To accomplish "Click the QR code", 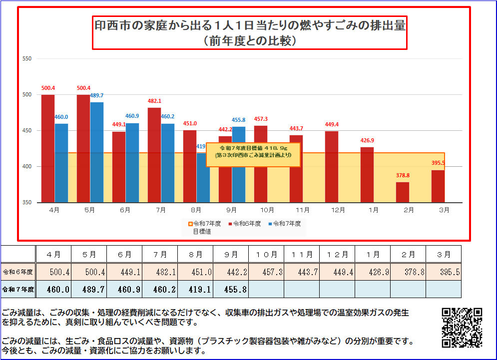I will point(462,328).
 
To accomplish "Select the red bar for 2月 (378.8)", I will point(403,192).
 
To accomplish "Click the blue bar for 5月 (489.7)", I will point(97,152).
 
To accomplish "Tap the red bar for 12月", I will point(332,167).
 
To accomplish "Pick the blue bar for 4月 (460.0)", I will point(61,163).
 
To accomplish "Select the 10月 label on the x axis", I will point(267,210).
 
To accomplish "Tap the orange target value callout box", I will point(253,155).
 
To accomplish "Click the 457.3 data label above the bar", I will point(261,119).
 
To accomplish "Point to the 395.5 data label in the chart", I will point(438,163).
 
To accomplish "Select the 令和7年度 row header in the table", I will point(18,289).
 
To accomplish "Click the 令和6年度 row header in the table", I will point(18,272).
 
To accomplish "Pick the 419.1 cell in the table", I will point(195,289).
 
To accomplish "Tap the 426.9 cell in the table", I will point(373,272).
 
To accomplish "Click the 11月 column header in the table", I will point(302,255).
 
